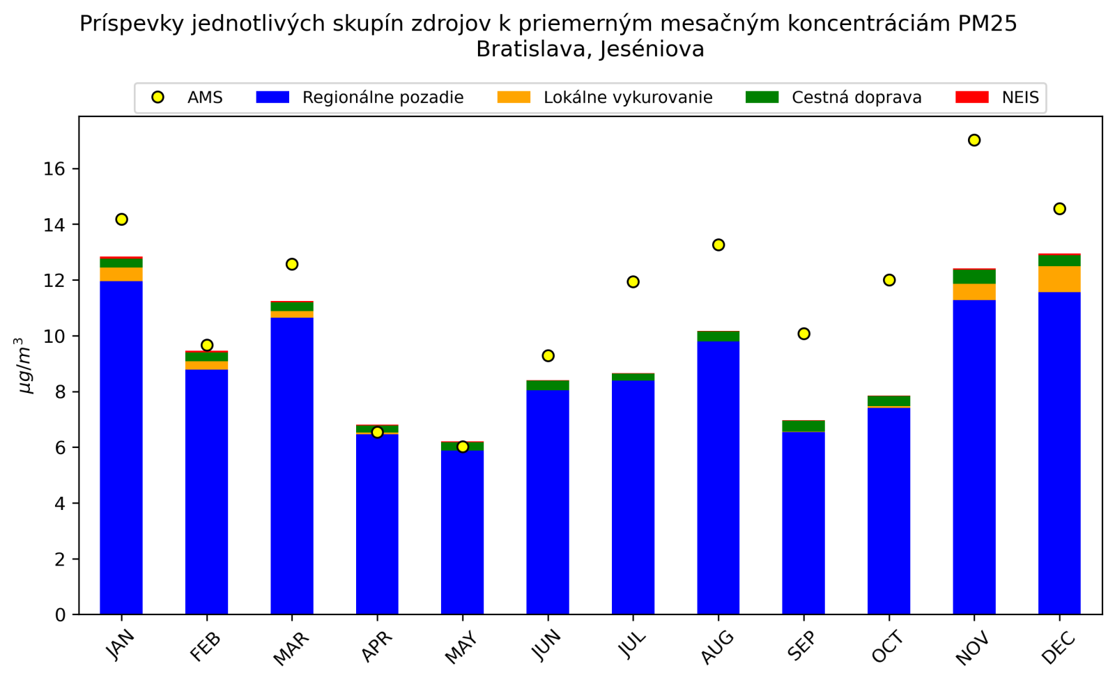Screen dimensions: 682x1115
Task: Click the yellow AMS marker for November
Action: click(x=974, y=140)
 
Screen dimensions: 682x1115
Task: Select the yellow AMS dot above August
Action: click(x=718, y=245)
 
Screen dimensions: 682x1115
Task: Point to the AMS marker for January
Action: click(x=121, y=219)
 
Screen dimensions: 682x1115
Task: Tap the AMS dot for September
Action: click(x=803, y=334)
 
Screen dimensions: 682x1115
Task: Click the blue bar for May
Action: click(x=462, y=533)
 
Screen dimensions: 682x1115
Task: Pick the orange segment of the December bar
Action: click(x=1059, y=279)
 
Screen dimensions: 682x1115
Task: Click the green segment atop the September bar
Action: click(x=803, y=426)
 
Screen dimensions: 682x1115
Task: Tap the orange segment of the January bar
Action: click(x=121, y=274)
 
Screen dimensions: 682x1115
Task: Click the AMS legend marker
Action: click(x=158, y=98)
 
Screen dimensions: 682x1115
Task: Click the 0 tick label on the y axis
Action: click(x=61, y=615)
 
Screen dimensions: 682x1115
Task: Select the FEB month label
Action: click(x=205, y=648)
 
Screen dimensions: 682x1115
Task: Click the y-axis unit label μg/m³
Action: click(x=24, y=366)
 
